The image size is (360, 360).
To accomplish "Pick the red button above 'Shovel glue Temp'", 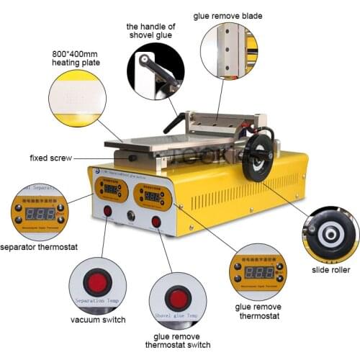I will (x=177, y=297).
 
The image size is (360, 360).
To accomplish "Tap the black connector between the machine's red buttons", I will (x=132, y=215).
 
